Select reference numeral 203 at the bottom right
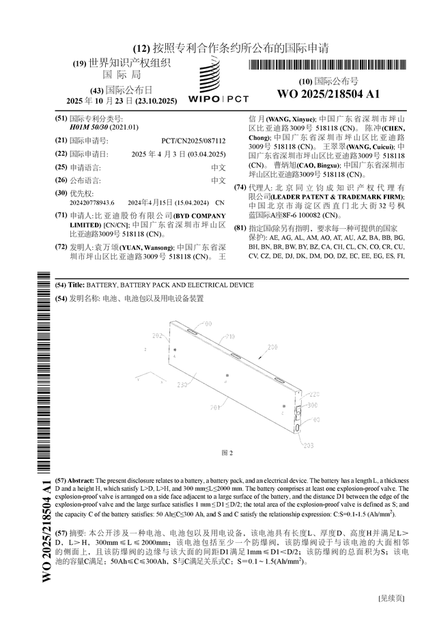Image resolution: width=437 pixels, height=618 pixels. point(309,445)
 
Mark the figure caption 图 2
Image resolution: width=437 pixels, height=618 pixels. point(227,453)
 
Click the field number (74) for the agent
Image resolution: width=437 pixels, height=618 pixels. point(240,187)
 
